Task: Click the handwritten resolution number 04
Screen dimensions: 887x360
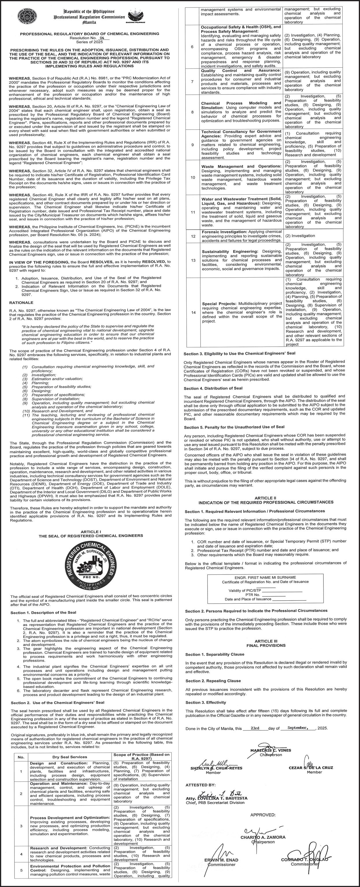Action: [x=102, y=38]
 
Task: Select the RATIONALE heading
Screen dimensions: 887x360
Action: [x=21, y=303]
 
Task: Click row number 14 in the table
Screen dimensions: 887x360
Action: [x=193, y=312]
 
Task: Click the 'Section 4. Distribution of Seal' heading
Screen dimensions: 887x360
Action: [x=213, y=388]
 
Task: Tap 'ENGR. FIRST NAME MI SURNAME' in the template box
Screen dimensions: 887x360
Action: [x=265, y=577]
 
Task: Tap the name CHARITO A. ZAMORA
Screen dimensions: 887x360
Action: [x=263, y=837]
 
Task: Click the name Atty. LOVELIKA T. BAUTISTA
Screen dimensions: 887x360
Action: [x=216, y=798]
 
